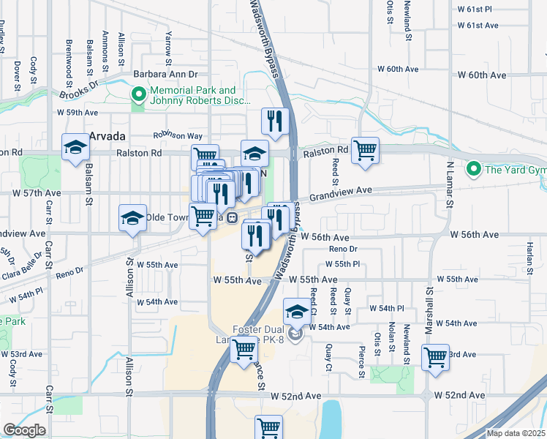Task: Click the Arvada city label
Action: [x=107, y=137]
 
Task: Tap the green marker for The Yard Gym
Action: [x=472, y=170]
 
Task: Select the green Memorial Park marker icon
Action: [x=138, y=94]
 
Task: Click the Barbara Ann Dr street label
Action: [x=165, y=75]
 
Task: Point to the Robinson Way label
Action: [x=177, y=136]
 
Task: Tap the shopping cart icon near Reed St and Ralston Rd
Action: [x=365, y=150]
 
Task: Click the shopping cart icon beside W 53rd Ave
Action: [x=435, y=358]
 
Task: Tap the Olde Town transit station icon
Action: [x=232, y=217]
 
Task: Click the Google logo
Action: [x=23, y=430]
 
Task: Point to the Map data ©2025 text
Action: [x=516, y=433]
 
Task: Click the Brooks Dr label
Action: [x=78, y=91]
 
